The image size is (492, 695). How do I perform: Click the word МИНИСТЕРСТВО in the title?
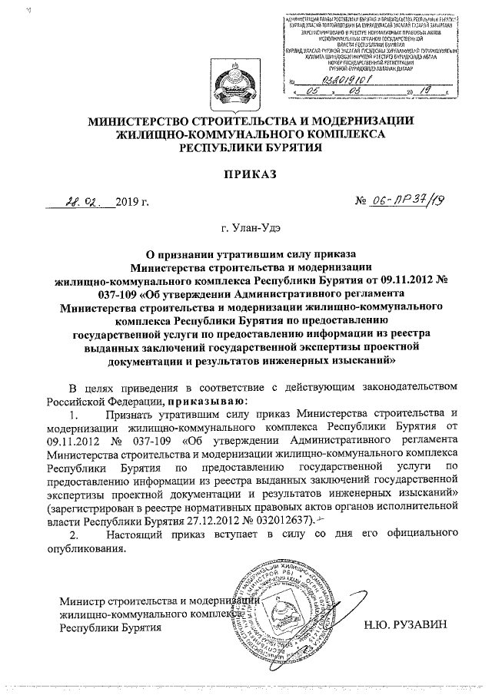151,121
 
